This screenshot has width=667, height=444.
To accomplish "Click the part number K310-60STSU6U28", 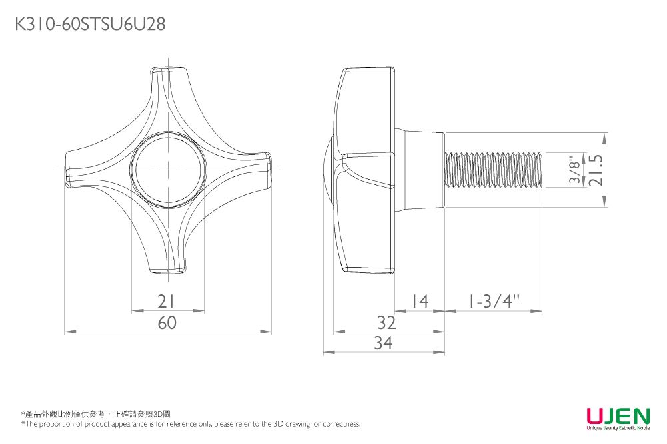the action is pos(90,24).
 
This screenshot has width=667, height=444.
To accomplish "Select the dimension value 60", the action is pos(167,322).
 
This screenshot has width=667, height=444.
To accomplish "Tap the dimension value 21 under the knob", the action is pos(166,302).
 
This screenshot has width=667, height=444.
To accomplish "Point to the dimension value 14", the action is pos(420,302).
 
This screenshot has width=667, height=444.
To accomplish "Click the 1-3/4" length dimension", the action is pos(494,302).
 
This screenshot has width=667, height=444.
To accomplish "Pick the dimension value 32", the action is pos(386,322).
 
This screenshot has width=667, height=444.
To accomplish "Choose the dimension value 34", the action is pos(383,343).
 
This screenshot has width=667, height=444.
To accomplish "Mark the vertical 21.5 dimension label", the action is pos(597,170).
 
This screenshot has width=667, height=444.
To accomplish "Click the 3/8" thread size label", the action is pos(574,170).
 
